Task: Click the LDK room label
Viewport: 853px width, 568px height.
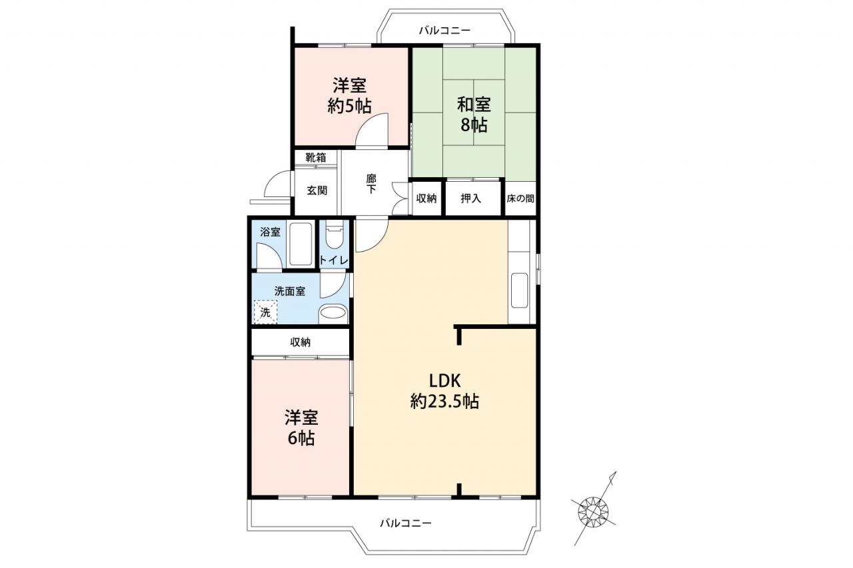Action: [444, 391]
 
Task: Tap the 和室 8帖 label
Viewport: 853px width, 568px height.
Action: [474, 115]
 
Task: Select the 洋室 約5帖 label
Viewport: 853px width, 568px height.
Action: [350, 96]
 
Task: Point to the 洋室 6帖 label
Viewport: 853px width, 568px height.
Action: [301, 428]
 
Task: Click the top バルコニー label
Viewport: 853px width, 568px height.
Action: [444, 31]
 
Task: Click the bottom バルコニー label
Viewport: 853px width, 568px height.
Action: [406, 523]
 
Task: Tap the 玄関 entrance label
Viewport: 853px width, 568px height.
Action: [317, 190]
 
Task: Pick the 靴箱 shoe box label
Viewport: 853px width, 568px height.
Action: [316, 158]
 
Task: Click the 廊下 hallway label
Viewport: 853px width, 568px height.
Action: [371, 184]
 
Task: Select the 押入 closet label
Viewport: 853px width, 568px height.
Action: [471, 198]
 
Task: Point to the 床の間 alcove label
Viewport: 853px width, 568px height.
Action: [520, 198]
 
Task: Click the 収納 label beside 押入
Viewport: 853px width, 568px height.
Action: [426, 198]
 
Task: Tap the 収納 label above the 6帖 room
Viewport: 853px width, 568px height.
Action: [301, 342]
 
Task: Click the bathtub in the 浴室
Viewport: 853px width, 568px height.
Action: [301, 244]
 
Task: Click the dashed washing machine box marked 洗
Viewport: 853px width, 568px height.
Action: [265, 312]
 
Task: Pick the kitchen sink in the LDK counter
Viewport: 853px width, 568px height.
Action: [519, 290]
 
